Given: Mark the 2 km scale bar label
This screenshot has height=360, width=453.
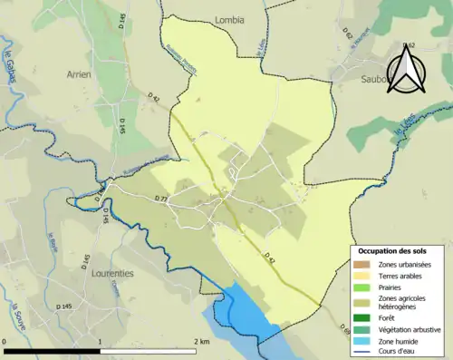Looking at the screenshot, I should point(200,341).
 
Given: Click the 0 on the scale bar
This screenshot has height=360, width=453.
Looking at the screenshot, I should point(5,341).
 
